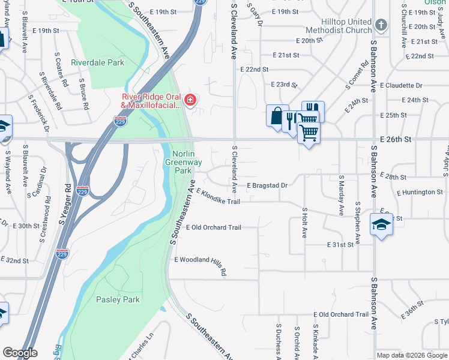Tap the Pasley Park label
point(118,299)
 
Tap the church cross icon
point(381,25)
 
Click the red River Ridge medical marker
point(190,100)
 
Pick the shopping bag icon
point(276,115)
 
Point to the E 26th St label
point(396,139)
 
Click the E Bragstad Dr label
point(267,185)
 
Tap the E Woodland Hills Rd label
point(200,263)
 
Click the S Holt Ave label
point(305,224)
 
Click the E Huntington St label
point(420,192)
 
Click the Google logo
point(20,353)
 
